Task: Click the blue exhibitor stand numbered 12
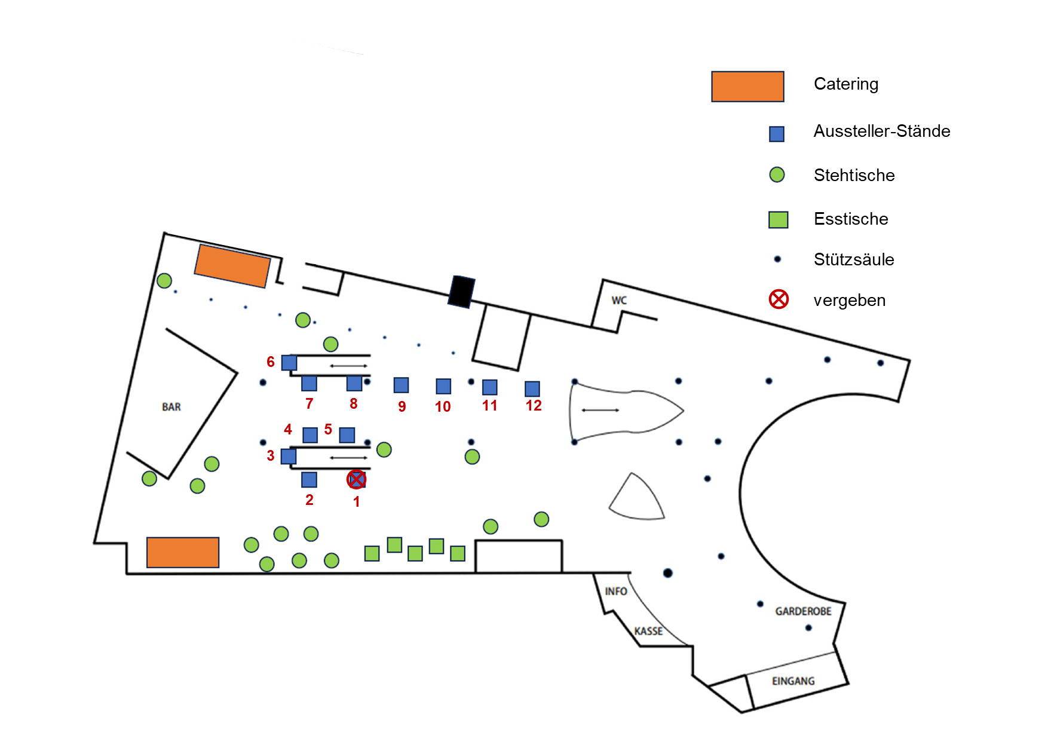(532, 388)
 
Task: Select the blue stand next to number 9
(401, 385)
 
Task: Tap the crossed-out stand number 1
(357, 479)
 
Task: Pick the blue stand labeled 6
(289, 363)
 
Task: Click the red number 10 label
(443, 407)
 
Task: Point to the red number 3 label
(271, 456)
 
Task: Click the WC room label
(619, 300)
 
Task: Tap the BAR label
(171, 407)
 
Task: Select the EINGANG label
(793, 681)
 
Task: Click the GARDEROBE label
(803, 611)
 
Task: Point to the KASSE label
(648, 631)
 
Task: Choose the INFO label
(615, 592)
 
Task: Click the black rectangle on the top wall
(462, 292)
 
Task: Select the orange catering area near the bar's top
(232, 266)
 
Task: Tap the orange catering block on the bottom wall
(183, 552)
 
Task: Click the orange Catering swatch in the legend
(747, 87)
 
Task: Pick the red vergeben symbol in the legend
(779, 299)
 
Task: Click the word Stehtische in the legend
(854, 175)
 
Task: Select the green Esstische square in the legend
(778, 219)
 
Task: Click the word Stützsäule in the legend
(854, 259)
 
